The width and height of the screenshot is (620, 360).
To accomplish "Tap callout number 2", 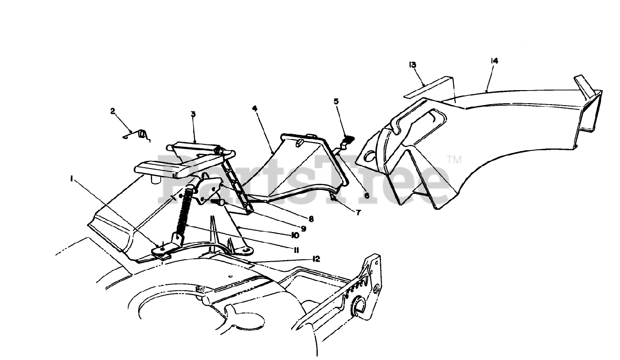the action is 113,111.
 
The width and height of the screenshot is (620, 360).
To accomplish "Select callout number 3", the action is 193,114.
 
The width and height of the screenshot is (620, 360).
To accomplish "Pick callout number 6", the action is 367,196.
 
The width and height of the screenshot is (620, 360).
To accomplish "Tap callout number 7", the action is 358,212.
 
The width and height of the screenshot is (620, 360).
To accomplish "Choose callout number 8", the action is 310,219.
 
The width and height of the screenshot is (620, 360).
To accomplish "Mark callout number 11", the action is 295,250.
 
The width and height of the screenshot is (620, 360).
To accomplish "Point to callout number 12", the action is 316,259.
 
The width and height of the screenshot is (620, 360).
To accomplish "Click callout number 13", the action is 413,65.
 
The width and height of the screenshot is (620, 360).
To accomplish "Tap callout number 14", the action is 494,61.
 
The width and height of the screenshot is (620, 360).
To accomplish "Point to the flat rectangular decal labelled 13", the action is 429,88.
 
